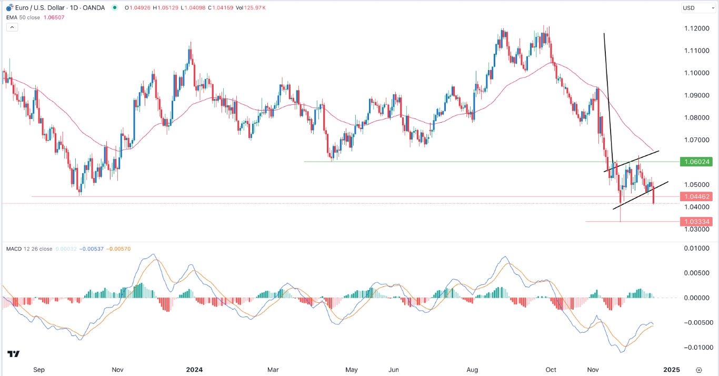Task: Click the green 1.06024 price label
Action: pos(696,162)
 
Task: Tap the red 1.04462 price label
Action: pos(696,196)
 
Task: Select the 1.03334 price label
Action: pos(696,222)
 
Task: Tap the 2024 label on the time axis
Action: pos(194,370)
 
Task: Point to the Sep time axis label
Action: pos(39,370)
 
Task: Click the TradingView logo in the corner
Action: pos(14,354)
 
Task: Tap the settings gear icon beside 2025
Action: pos(699,370)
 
